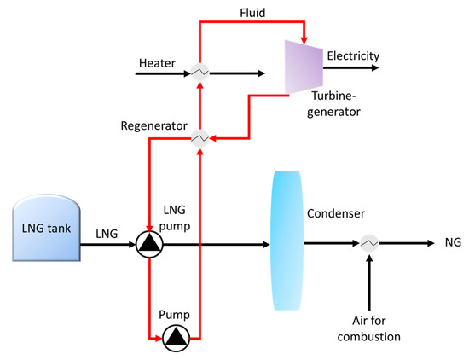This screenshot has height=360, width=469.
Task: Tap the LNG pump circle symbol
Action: coord(148,246)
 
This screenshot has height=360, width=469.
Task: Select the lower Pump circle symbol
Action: coord(175,337)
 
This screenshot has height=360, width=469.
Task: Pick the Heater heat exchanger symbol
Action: coord(200,74)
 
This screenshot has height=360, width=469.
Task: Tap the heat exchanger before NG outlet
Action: coord(369,245)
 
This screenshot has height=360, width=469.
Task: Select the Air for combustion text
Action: coord(369,328)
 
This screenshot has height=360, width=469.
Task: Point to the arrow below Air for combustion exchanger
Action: coord(369,285)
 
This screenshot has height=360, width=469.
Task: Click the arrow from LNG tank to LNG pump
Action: coord(109,246)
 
